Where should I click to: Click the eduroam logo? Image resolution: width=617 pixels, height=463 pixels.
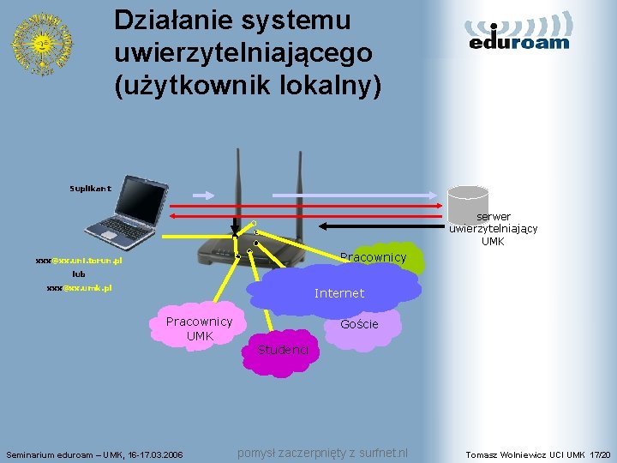(x=519, y=34)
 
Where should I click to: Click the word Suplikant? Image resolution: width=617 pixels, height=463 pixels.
(x=90, y=188)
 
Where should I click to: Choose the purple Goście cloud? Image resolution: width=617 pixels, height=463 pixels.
(x=359, y=326)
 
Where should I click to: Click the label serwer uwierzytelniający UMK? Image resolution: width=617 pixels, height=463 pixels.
(x=493, y=229)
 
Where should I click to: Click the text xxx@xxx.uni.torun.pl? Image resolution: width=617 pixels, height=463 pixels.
(x=79, y=260)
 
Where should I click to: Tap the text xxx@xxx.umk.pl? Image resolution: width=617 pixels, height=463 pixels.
(x=79, y=288)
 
